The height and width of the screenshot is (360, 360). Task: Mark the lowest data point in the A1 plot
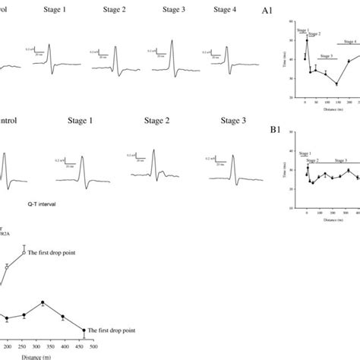[x=336, y=84]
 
